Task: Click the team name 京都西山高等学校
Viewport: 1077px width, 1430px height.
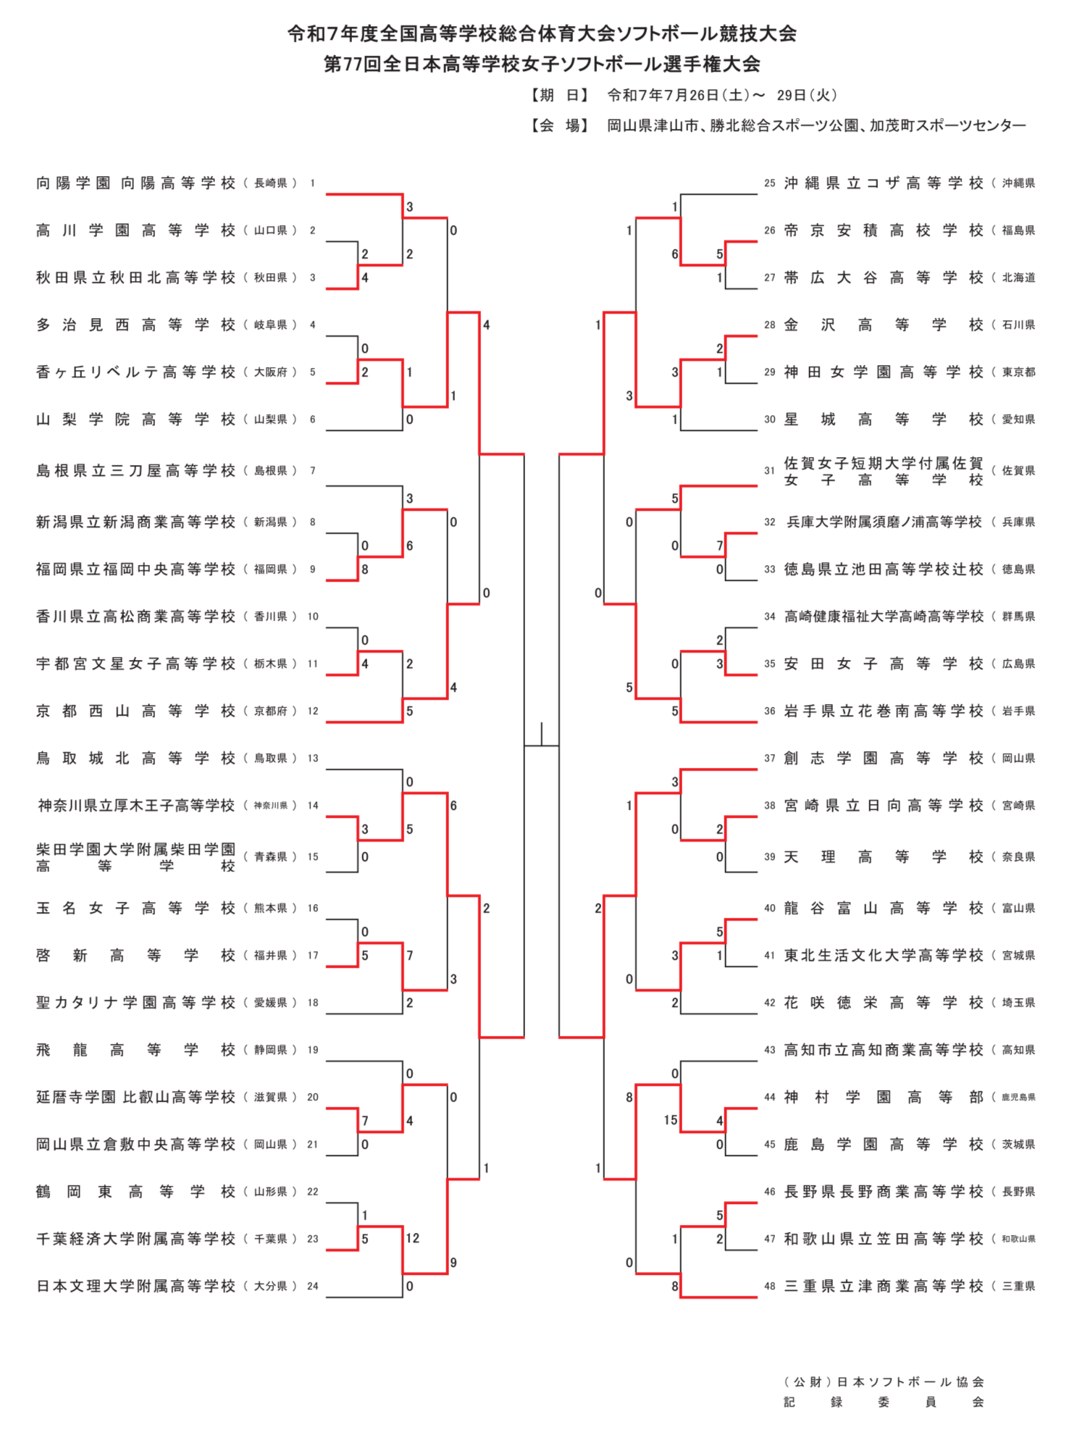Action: click(x=135, y=711)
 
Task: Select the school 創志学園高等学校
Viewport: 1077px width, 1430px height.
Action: click(x=884, y=758)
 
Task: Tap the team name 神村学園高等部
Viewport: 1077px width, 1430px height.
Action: click(x=884, y=1097)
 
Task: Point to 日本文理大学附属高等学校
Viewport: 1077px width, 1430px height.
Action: click(x=135, y=1287)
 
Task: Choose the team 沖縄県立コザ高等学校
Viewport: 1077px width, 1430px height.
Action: click(x=884, y=183)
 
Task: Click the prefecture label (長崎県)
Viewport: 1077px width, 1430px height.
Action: click(x=271, y=183)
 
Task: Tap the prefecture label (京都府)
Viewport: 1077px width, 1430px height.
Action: click(x=271, y=711)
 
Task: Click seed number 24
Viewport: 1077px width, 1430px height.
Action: click(x=313, y=1287)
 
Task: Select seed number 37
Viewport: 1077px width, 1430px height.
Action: click(x=770, y=758)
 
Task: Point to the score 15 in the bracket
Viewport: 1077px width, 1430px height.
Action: click(x=671, y=1121)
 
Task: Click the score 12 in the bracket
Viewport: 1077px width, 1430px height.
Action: click(x=413, y=1238)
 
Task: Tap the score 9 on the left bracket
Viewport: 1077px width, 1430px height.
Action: click(x=453, y=1263)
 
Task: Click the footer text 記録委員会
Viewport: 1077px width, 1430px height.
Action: click(x=884, y=1402)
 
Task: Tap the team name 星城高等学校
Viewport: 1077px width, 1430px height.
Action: click(x=884, y=419)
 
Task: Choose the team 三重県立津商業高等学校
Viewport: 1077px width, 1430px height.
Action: click(x=884, y=1287)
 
